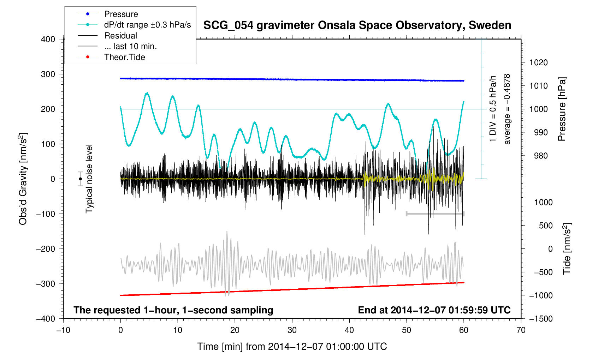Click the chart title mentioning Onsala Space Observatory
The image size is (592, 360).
click(357, 25)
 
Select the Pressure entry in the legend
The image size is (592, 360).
click(121, 14)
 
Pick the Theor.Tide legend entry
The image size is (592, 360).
click(124, 57)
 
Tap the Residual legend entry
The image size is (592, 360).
click(120, 36)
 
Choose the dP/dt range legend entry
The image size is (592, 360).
click(147, 25)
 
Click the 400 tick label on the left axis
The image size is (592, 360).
click(48, 39)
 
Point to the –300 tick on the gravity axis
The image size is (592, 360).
click(46, 284)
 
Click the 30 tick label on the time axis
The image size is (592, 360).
click(292, 330)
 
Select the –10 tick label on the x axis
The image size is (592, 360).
click(63, 330)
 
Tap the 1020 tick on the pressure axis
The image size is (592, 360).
click(538, 63)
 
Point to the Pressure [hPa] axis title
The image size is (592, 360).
click(562, 109)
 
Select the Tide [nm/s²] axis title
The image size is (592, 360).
click(567, 248)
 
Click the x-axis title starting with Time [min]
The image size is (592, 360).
click(292, 347)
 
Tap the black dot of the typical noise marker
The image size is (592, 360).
click(81, 179)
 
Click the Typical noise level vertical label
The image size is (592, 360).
click(89, 179)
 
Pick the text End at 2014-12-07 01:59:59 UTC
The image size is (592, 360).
click(434, 310)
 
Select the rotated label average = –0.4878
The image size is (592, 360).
click(507, 109)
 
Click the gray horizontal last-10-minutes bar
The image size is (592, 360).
click(435, 214)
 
